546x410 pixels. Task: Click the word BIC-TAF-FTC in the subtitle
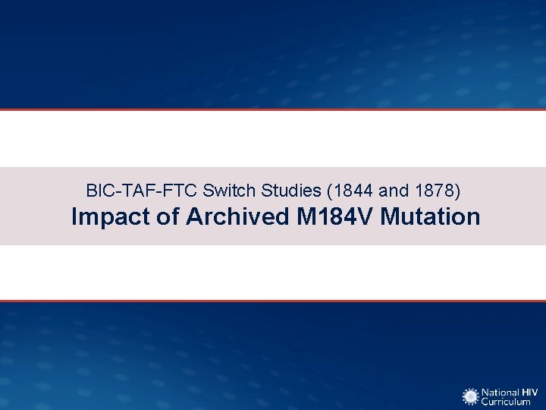click(141, 189)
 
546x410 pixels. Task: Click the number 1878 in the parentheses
click(432, 189)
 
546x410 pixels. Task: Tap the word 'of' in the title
click(166, 217)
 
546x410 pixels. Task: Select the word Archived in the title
click(237, 217)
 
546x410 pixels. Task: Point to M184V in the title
click(335, 217)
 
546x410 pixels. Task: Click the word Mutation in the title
click(431, 217)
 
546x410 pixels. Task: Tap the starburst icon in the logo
click(471, 396)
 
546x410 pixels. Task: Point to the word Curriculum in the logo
click(507, 402)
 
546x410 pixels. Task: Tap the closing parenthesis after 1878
click(457, 189)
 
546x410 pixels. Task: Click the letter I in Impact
click(74, 217)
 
